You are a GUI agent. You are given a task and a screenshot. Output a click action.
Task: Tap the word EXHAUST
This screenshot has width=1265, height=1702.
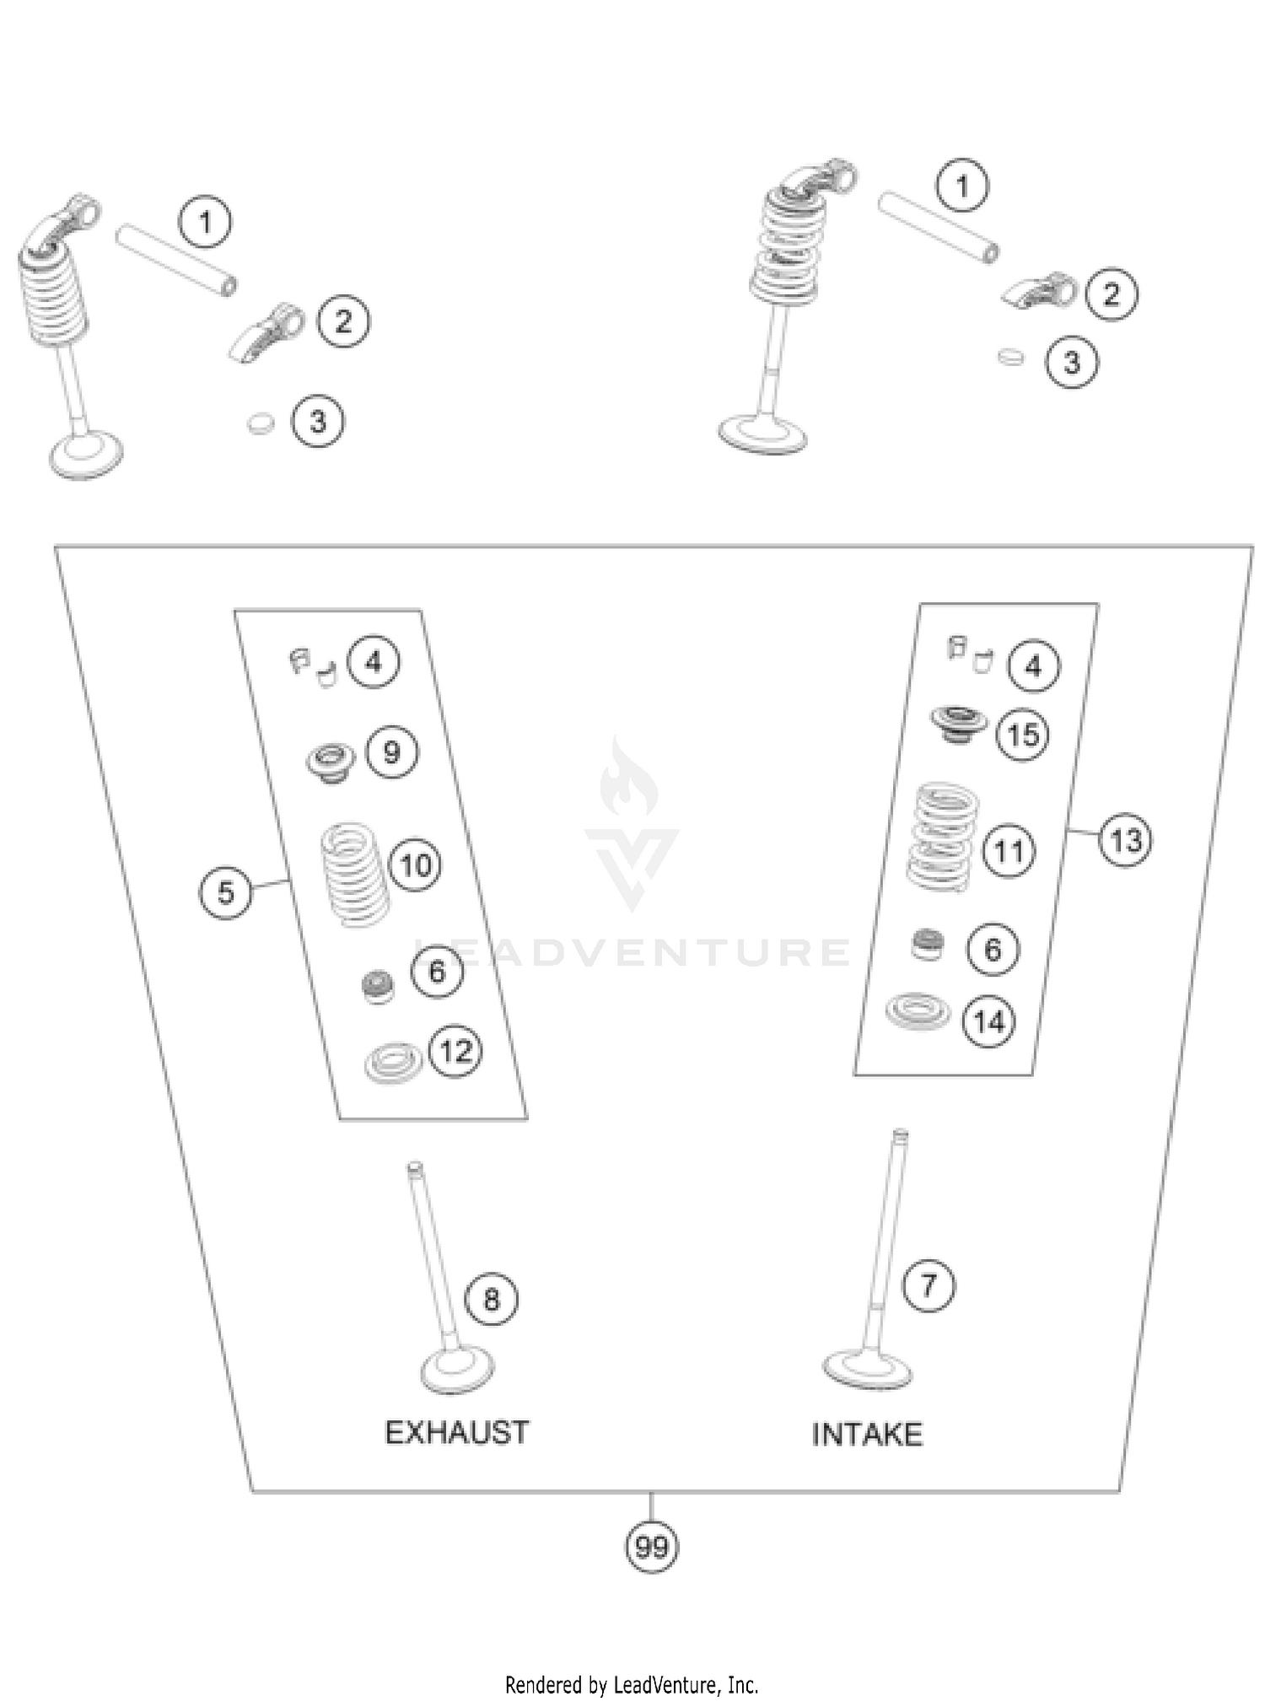[456, 1433]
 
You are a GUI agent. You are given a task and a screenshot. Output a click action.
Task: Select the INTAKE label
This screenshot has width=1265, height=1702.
[867, 1435]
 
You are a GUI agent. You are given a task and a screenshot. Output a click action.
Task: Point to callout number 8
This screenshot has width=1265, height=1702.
[492, 1299]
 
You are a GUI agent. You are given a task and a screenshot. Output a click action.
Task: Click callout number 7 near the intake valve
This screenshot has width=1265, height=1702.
[929, 1285]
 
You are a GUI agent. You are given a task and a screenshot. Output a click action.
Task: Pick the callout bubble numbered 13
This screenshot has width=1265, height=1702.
[1126, 841]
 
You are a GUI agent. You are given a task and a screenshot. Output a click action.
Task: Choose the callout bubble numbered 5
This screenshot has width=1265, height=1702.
[225, 892]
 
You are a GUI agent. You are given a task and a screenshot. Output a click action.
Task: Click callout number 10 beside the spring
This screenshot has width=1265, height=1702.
[415, 865]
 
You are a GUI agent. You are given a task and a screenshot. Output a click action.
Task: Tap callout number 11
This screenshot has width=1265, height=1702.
[1009, 852]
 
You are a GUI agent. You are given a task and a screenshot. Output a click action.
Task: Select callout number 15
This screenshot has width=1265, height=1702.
[1023, 735]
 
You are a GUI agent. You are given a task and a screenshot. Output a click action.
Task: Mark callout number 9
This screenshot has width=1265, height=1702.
[392, 751]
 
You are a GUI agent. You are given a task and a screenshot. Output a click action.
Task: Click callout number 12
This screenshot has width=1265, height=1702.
[455, 1051]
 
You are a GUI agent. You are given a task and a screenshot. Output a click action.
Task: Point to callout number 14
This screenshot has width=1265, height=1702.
[989, 1021]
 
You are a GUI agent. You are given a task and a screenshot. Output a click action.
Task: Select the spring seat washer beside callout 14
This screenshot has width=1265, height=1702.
[917, 1010]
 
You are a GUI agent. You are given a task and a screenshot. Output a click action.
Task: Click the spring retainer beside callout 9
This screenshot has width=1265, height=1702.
[331, 762]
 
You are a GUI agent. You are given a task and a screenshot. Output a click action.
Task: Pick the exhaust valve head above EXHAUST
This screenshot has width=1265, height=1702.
[457, 1370]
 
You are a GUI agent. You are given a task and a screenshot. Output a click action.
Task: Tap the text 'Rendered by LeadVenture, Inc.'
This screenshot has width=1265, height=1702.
[632, 1685]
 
